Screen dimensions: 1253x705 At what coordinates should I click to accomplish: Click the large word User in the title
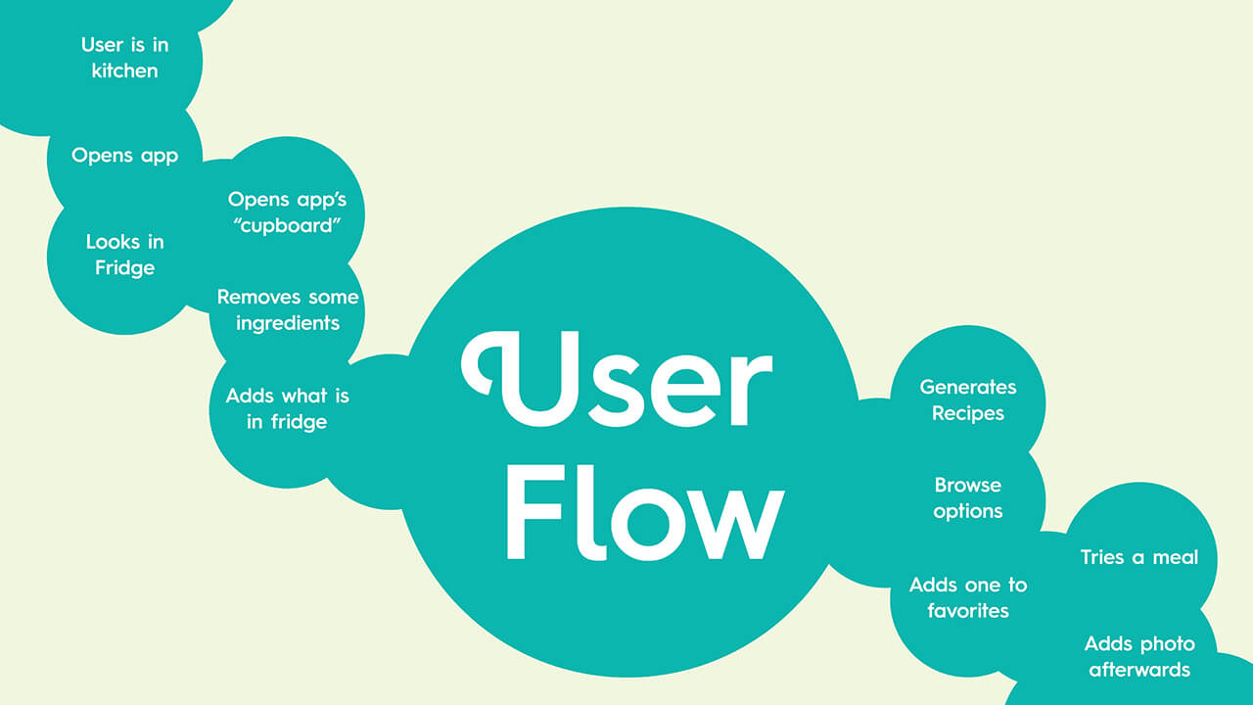coord(617,379)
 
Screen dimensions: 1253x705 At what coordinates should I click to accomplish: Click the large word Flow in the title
coord(645,512)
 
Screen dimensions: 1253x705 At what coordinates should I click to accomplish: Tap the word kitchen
coord(124,71)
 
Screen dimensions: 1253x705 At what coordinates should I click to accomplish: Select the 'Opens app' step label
coord(124,156)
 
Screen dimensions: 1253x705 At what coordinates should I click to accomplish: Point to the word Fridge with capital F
coord(124,268)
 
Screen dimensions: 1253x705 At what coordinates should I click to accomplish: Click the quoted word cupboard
coord(287,226)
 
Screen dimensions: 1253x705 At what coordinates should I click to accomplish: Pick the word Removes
coord(256,297)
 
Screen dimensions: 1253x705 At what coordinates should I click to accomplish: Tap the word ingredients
coord(288,324)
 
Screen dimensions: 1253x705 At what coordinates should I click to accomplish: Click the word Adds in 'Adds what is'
coord(249,397)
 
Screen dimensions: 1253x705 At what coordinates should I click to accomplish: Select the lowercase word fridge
coord(299,422)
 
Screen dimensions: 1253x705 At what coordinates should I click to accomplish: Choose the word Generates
coord(968,387)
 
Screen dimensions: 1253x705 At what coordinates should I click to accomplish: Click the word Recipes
coord(968,414)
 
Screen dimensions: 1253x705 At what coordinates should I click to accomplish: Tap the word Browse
coord(968,485)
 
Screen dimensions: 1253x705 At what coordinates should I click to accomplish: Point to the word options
coord(968,512)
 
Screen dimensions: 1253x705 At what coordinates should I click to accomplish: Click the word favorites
coord(968,611)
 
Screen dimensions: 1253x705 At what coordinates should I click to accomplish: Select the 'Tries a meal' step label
coord(1138,557)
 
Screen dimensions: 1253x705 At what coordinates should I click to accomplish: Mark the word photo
coord(1168,644)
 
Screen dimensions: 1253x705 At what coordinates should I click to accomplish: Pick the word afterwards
coord(1138,671)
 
